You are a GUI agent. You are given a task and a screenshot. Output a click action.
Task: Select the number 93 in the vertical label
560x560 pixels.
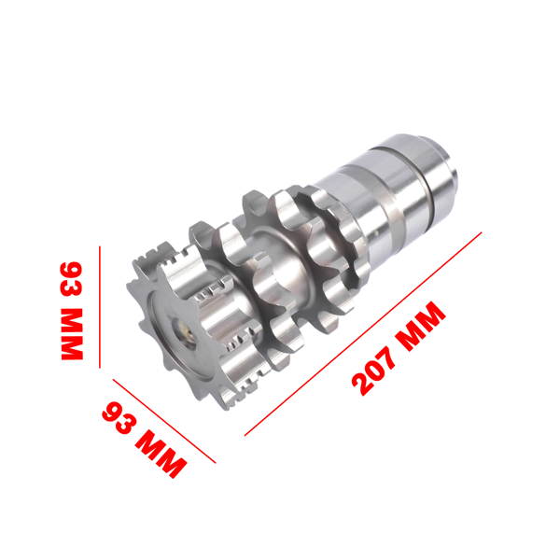72,278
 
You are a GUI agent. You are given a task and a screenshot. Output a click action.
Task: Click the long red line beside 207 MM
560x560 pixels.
364,332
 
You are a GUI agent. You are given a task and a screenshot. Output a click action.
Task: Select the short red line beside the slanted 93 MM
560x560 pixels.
164,421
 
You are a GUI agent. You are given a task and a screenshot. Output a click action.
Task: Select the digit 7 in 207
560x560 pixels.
394,353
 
